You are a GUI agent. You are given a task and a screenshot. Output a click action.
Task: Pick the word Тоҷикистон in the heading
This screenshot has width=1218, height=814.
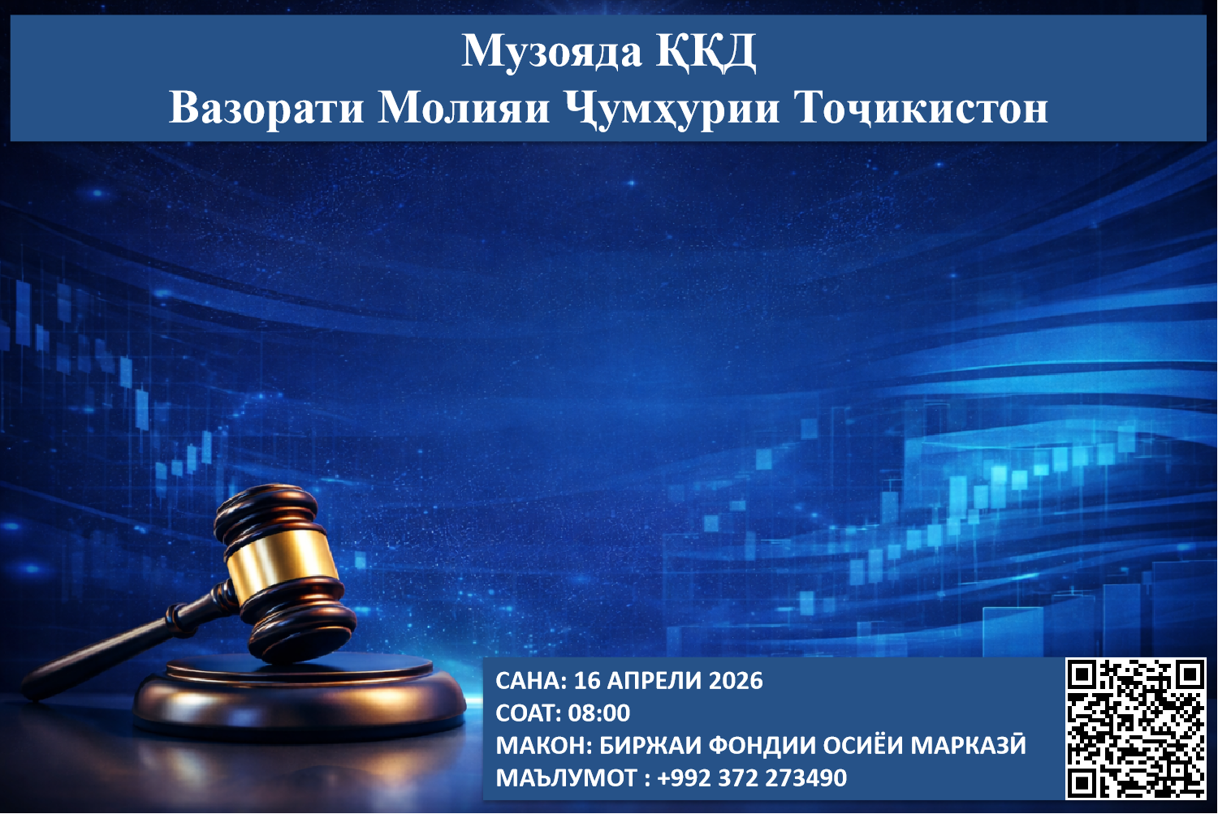pos(921,107)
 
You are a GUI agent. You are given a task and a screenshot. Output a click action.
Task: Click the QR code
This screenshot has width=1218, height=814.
pos(1135,728)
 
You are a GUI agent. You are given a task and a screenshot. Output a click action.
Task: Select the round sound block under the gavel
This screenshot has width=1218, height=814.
pos(300,698)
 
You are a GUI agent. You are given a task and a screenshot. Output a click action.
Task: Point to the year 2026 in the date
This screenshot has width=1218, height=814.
pos(736,680)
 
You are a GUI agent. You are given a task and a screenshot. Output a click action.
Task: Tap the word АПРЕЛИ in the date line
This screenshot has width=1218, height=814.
pos(655,680)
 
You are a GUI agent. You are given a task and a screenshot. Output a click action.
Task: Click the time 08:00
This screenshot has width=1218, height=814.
pos(599,713)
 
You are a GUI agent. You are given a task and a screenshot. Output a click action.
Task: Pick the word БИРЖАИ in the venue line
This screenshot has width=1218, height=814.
pos(650,746)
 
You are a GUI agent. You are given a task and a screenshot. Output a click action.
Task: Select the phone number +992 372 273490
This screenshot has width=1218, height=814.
pos(752,778)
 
